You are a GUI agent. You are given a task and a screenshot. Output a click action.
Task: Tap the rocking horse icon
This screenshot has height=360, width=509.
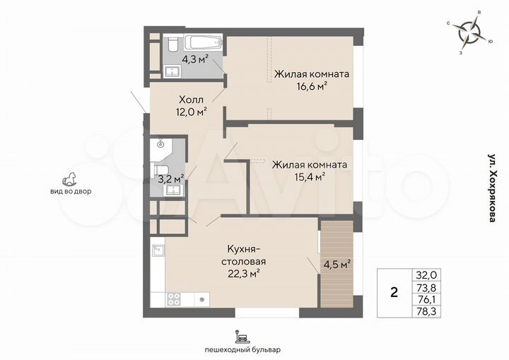click(x=71, y=176)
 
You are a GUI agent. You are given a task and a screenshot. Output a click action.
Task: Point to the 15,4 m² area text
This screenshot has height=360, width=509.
click(x=309, y=177)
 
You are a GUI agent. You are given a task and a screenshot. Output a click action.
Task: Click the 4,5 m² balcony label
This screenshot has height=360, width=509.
click(x=337, y=265)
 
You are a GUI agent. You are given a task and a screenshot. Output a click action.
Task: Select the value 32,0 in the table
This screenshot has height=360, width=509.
click(x=426, y=275)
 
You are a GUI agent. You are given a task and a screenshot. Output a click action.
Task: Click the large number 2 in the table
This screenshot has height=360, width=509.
click(x=394, y=293)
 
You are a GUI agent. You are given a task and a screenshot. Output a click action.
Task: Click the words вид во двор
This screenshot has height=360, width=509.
click(x=71, y=192)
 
